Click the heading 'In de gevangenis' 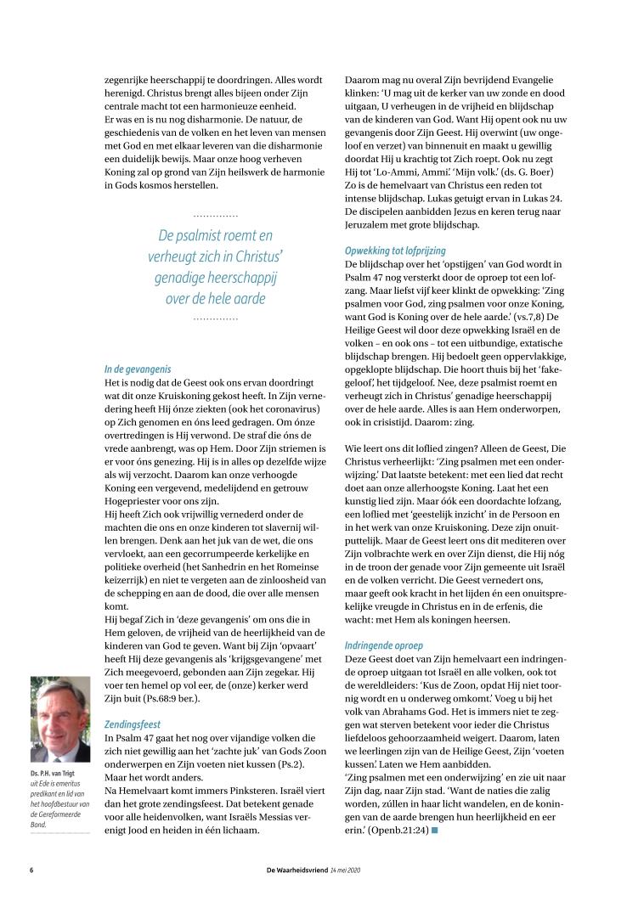point(138,369)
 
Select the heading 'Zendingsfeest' point(133,724)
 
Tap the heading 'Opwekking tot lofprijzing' point(396,251)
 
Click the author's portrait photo point(59,719)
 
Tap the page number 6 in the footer point(32,870)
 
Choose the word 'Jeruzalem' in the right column point(370,225)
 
